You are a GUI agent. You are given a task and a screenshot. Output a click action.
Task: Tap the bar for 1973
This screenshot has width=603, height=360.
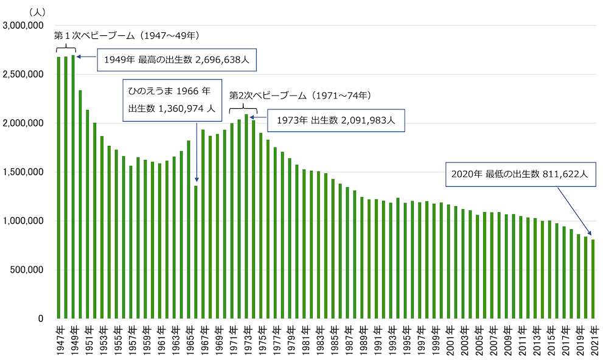pos(246,216)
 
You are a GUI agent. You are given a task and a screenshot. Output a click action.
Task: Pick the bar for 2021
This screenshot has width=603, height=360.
pos(593,279)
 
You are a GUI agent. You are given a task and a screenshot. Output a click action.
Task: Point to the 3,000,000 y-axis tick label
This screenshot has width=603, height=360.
pos(23,26)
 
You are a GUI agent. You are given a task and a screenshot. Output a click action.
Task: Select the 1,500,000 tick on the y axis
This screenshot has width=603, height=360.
pos(23,172)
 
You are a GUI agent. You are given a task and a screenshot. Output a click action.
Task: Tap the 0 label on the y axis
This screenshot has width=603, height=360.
pos(40,319)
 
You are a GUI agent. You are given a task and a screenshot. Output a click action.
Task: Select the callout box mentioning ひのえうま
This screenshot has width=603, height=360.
pos(169,100)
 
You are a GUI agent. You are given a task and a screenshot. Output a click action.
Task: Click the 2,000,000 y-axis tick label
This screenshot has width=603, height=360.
pos(23,123)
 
